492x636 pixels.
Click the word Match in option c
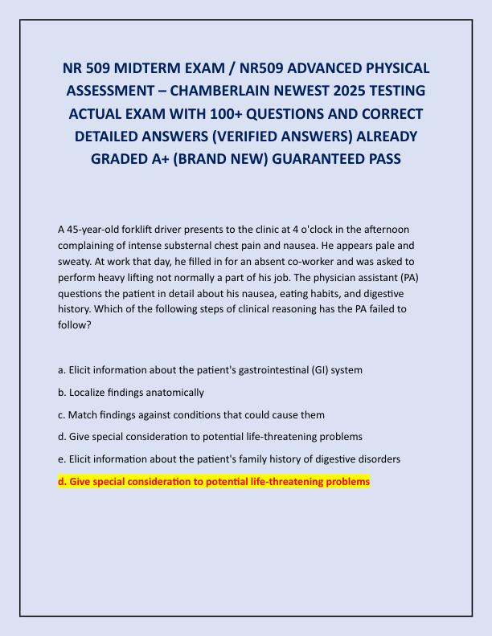pos(81,415)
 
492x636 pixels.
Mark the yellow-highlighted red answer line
pos(214,482)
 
